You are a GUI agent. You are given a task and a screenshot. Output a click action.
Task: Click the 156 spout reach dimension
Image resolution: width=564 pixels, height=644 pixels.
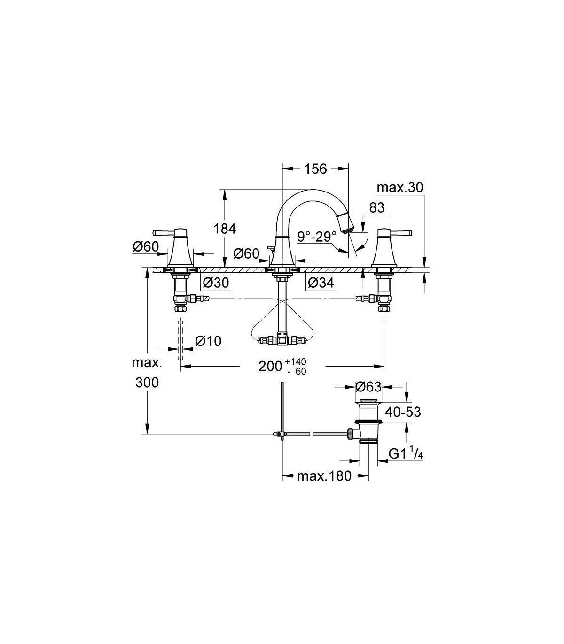coord(316,169)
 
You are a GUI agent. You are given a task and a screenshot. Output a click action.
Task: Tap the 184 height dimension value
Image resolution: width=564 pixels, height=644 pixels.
coord(225,229)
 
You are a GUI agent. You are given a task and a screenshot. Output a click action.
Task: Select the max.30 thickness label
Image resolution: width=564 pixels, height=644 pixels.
coord(400,188)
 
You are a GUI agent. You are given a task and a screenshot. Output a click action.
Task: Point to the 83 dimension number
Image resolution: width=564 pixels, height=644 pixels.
coord(377,208)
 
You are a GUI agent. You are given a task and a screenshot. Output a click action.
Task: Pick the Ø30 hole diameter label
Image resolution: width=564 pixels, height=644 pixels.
coord(216,283)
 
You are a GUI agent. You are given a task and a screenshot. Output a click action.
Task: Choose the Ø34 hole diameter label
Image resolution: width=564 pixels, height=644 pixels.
coord(321,283)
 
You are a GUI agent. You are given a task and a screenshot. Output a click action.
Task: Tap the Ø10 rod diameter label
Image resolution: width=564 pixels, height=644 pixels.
coord(208,341)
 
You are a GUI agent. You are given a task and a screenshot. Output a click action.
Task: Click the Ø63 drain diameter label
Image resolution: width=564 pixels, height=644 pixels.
coord(368,386)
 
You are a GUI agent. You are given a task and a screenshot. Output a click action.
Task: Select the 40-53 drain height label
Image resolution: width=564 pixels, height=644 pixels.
coord(403,412)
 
